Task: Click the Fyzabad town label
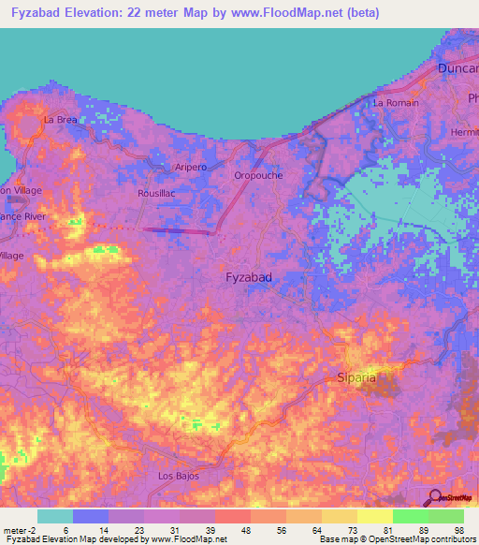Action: (x=250, y=278)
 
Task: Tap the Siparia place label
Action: (x=356, y=378)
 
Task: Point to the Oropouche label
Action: (x=258, y=175)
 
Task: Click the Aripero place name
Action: (x=191, y=167)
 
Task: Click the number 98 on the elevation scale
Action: (x=458, y=529)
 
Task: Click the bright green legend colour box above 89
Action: (x=410, y=516)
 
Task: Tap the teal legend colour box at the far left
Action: (x=55, y=516)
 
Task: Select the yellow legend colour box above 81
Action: (x=374, y=516)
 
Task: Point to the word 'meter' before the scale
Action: (x=13, y=529)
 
